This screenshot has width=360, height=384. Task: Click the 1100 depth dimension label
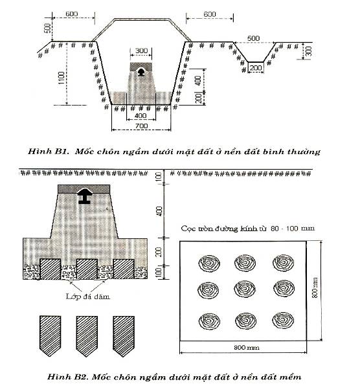click(x=62, y=78)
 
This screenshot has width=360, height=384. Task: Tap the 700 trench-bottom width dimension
click(x=142, y=126)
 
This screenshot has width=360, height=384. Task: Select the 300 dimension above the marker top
click(x=141, y=51)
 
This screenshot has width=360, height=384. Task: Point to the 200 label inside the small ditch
click(x=256, y=67)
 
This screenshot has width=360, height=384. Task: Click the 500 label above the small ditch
click(x=253, y=38)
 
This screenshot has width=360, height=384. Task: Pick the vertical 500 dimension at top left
click(x=48, y=28)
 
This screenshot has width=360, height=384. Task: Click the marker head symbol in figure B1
click(x=141, y=72)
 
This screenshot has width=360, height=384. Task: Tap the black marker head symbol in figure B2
click(x=84, y=196)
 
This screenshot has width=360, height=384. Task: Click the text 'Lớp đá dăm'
click(x=87, y=297)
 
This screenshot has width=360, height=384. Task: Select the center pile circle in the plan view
click(x=245, y=289)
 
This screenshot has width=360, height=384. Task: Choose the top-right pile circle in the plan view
click(x=284, y=263)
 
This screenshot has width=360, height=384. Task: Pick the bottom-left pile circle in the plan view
click(x=209, y=321)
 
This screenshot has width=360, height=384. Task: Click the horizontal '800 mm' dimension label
click(x=247, y=348)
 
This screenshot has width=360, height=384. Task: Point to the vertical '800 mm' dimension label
click(x=315, y=288)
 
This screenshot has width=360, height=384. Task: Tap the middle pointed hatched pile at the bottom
click(x=87, y=336)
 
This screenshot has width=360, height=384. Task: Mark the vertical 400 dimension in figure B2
click(x=159, y=211)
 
